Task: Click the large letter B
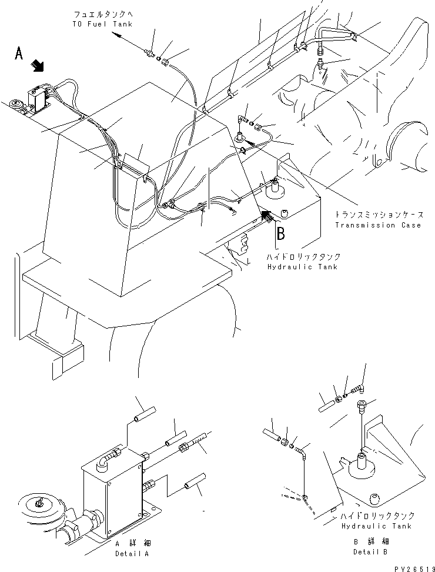[x=280, y=234]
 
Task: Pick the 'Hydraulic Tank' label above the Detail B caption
[x=376, y=526]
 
